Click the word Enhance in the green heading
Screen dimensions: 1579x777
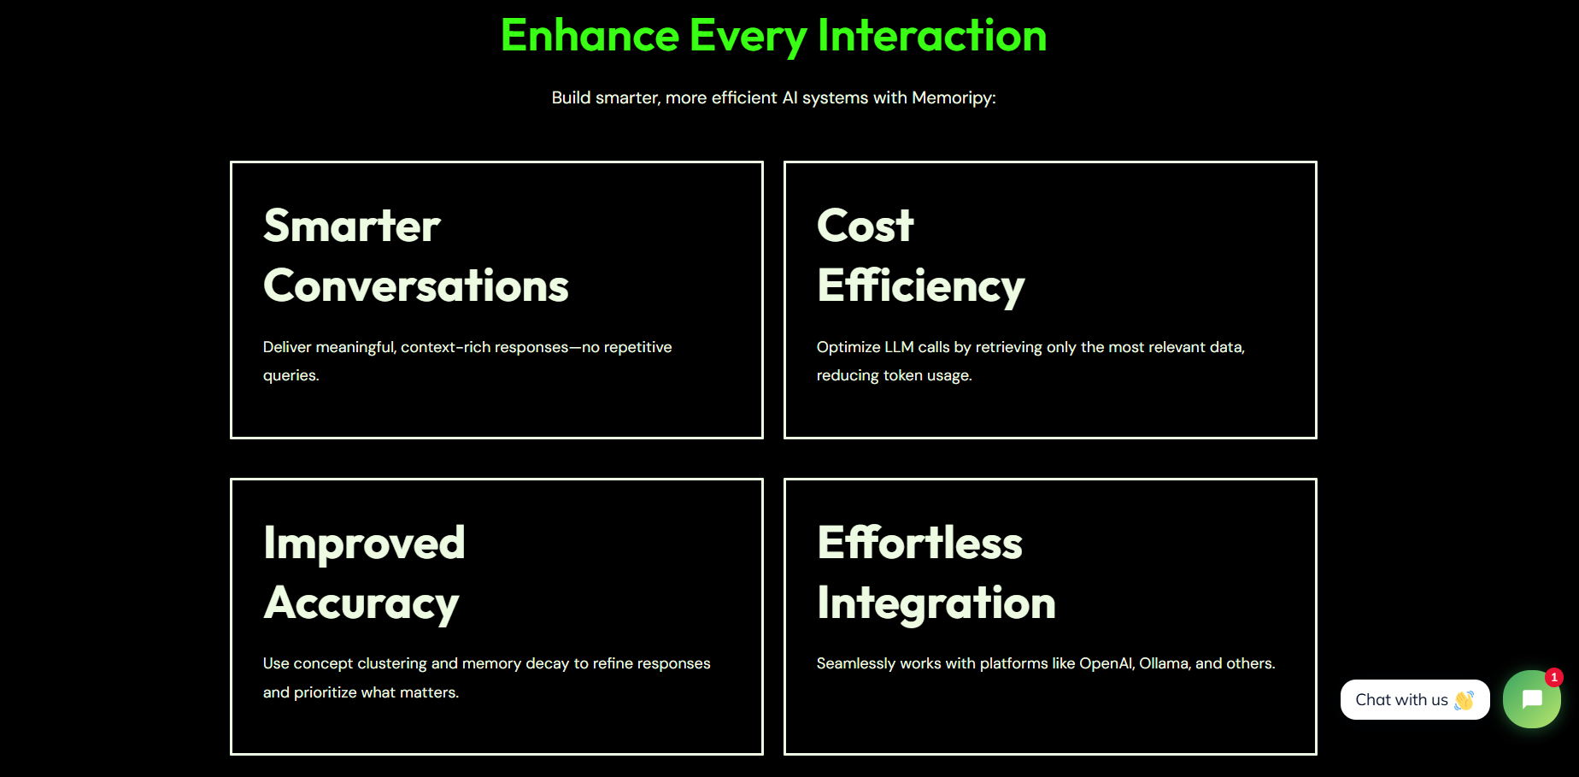[x=590, y=36]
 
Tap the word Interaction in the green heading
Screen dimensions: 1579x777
[x=932, y=36]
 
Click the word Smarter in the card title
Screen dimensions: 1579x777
[x=352, y=226]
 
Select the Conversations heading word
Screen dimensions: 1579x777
[x=416, y=285]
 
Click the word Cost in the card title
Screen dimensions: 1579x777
[x=866, y=226]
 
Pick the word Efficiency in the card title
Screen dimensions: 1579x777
[x=921, y=286]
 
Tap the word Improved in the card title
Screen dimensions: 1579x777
[x=364, y=544]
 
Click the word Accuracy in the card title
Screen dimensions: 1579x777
[x=361, y=604]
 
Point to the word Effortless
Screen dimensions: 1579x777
[x=920, y=542]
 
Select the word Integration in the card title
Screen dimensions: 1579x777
[x=936, y=603]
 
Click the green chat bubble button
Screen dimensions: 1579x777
[x=1532, y=699]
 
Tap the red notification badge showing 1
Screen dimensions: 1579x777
[x=1554, y=677]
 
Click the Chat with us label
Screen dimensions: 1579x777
[x=1401, y=700]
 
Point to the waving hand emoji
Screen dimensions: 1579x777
[x=1465, y=700]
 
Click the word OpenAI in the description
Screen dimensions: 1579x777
[x=1106, y=663]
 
